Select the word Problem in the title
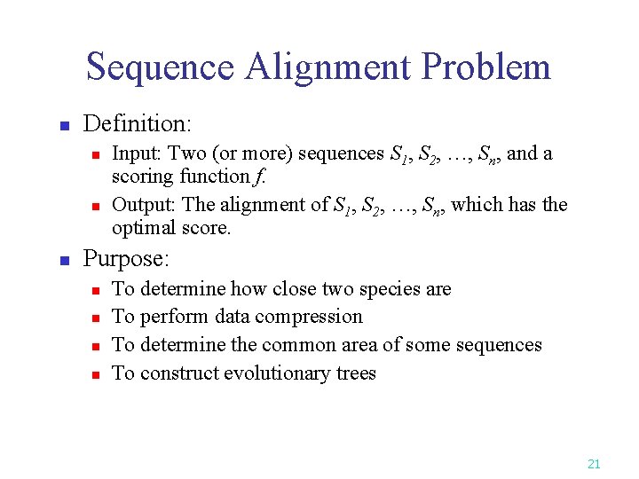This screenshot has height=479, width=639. pos(486,67)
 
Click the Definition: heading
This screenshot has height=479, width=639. pos(138,123)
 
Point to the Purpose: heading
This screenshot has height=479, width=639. pos(126,259)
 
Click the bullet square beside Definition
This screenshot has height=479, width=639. pos(63,126)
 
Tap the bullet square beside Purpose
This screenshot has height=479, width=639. pos(63,262)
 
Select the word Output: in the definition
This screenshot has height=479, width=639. pos(144,204)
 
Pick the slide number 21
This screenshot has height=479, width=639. pos(594,463)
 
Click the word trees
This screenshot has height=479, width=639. pos(356,373)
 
